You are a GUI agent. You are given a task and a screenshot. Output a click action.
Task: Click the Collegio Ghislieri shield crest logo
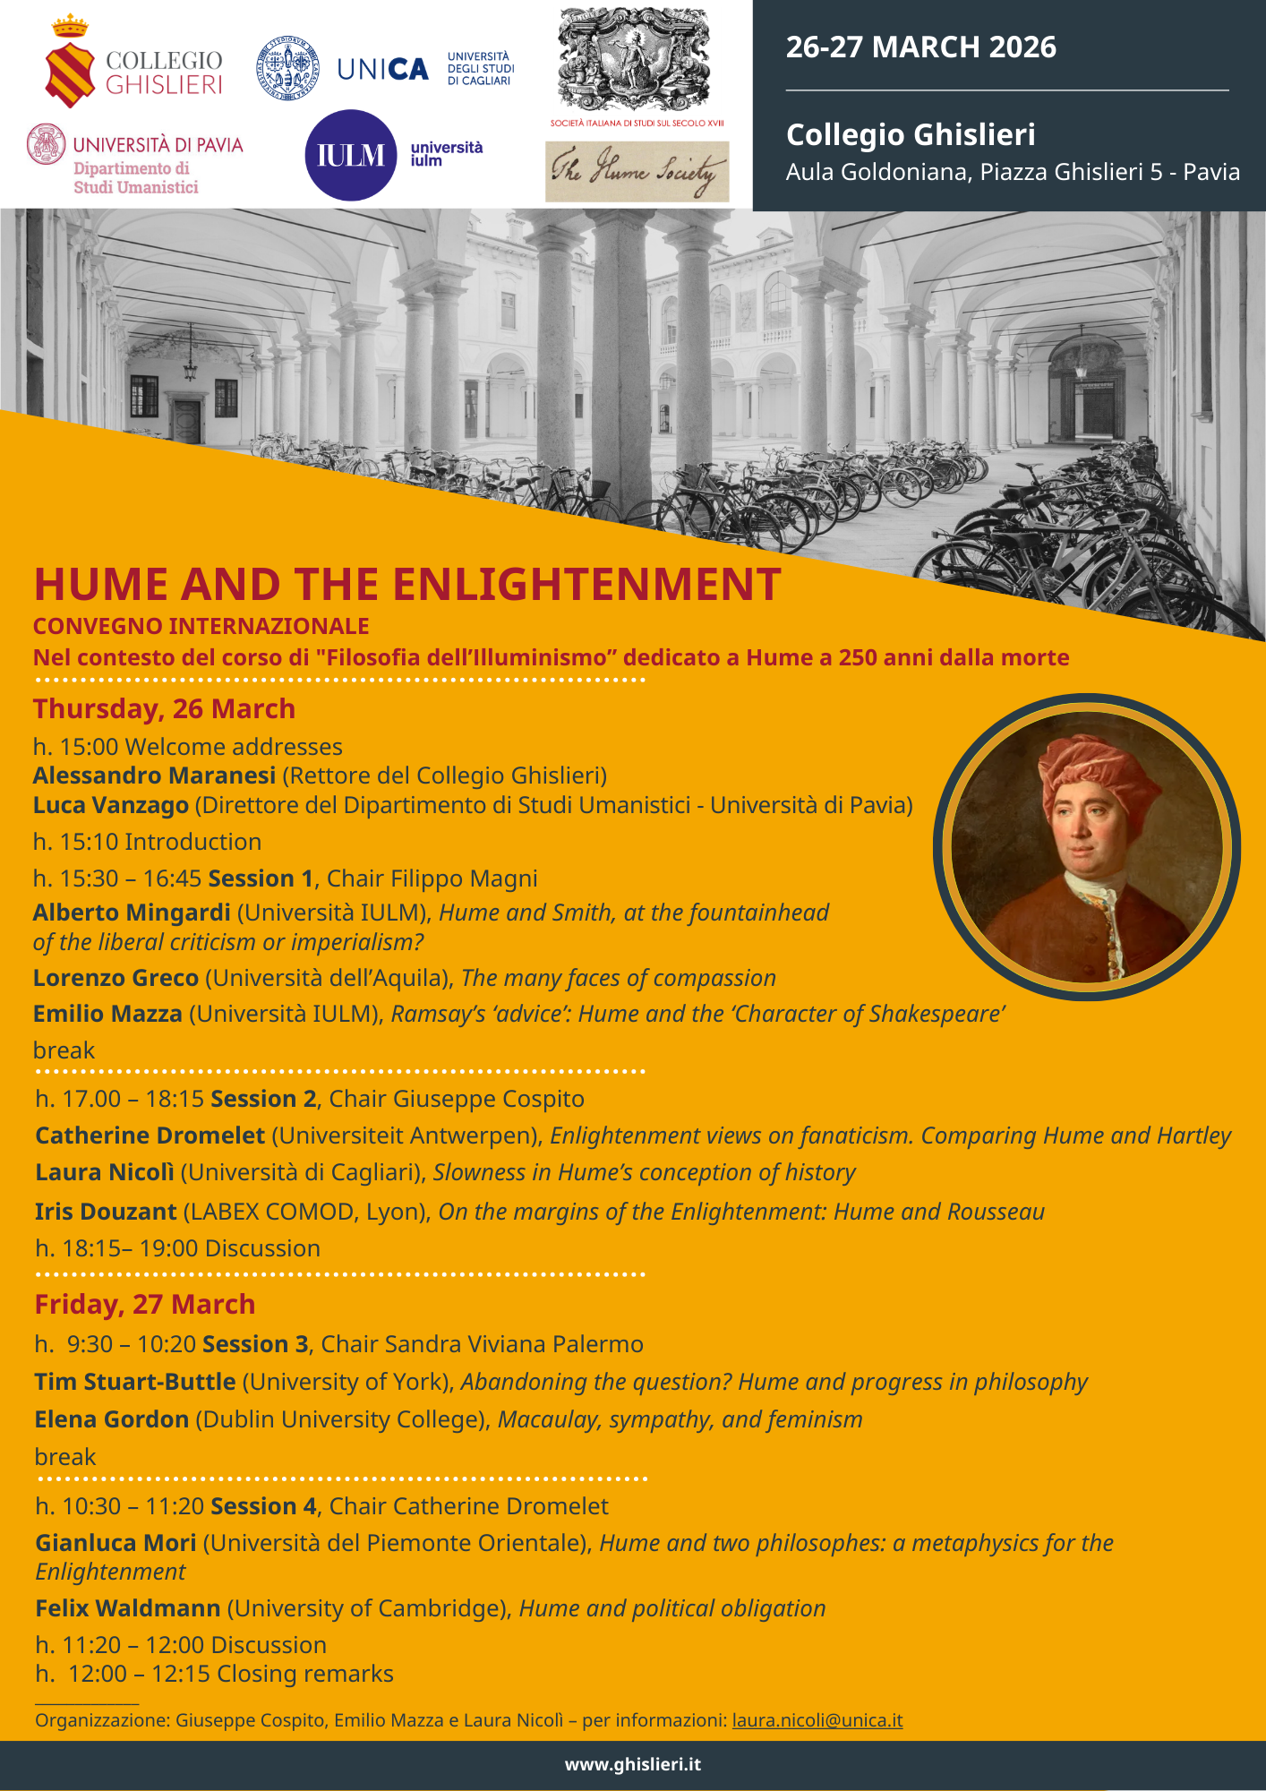[69, 72]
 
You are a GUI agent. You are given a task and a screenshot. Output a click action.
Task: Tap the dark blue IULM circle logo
[351, 155]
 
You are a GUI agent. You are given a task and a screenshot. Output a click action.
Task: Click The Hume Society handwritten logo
[637, 171]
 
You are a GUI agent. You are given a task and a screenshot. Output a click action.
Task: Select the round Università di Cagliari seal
[287, 68]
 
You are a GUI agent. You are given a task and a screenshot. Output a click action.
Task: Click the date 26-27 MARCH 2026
[920, 47]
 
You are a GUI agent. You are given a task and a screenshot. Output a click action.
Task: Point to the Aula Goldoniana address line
[1013, 172]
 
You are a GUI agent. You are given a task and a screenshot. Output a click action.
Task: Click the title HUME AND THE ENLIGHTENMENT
[407, 584]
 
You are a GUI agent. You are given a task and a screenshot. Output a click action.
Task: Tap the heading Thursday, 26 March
[164, 708]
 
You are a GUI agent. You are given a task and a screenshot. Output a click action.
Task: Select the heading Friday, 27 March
[144, 1304]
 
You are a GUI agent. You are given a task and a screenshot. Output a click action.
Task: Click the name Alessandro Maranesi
[154, 776]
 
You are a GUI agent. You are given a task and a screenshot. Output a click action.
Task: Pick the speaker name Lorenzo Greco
[115, 978]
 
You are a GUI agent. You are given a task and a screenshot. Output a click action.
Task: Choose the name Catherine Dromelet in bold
[150, 1135]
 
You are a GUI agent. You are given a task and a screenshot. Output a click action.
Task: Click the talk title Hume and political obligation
[671, 1608]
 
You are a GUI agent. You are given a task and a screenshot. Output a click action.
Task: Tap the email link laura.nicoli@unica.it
[817, 1720]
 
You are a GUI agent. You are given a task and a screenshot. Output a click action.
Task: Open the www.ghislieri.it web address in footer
[632, 1764]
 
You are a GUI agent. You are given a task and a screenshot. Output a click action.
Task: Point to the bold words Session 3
[255, 1344]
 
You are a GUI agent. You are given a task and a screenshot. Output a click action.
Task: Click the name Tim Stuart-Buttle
[135, 1382]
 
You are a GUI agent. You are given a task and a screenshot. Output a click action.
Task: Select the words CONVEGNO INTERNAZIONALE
[201, 626]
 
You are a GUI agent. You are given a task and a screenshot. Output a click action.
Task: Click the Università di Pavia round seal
[46, 144]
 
